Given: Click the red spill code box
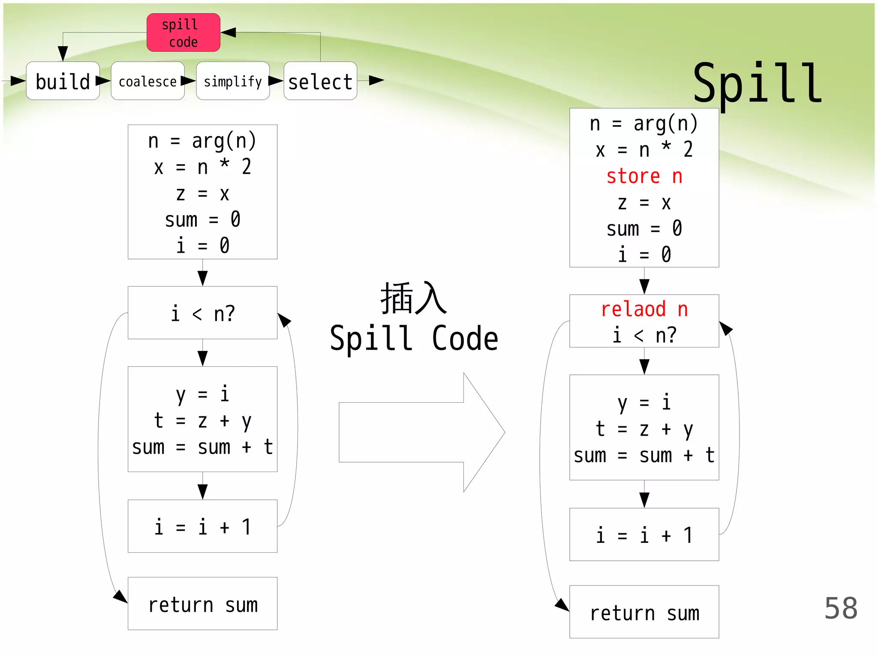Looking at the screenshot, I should [183, 33].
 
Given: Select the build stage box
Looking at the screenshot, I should [63, 81].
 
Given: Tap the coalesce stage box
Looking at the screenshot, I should [147, 81].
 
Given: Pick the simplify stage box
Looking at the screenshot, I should [233, 81].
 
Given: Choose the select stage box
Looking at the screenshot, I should [320, 81].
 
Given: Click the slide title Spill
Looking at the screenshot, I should [757, 84].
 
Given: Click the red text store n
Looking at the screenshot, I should [644, 176].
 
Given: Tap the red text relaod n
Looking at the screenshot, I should [644, 309].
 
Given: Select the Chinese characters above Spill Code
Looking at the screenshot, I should [413, 299].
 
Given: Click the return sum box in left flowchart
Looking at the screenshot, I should [202, 604].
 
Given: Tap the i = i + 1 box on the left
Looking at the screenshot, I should [202, 526].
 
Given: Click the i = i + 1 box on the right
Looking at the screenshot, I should [644, 534].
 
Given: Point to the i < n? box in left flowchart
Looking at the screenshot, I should [202, 313].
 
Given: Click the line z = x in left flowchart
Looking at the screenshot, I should [202, 194].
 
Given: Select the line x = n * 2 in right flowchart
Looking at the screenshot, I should [644, 150].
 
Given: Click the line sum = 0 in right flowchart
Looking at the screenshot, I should [644, 228].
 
